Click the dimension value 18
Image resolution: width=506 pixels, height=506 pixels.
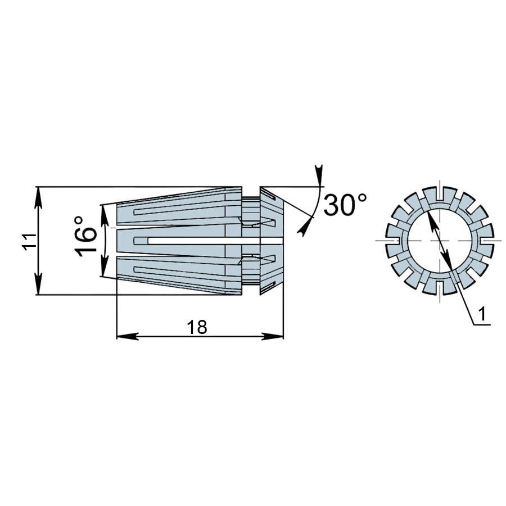(197, 327)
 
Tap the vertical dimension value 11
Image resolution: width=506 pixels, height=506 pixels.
(29, 241)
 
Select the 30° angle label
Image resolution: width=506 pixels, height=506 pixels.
(345, 205)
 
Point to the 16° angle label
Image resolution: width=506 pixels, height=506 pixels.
(85, 237)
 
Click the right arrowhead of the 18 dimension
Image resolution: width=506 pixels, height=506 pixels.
(272, 336)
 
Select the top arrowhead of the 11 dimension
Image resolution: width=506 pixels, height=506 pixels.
(38, 197)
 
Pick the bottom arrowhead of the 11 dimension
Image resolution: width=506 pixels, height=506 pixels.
(38, 284)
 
